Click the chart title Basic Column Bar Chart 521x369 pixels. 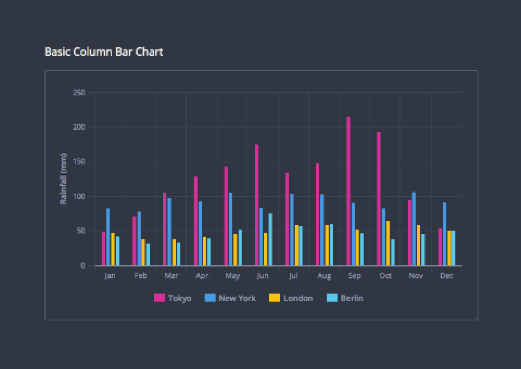coord(104,52)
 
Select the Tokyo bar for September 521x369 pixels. coord(348,191)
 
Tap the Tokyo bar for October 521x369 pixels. coord(379,199)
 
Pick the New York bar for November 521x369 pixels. coord(414,228)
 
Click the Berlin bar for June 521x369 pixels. coord(270,239)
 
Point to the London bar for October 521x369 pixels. coord(388,243)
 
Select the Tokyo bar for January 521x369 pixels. coord(104,249)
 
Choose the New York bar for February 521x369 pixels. coord(139,238)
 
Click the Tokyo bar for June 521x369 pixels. coord(257,205)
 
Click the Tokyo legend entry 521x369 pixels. coord(173,298)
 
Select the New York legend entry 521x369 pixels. coord(231,298)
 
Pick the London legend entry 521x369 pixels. coord(291,298)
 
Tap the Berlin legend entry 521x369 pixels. coord(345,298)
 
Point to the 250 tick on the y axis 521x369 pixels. coord(79,93)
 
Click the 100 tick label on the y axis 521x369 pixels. coord(79,196)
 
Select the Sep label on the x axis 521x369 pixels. coord(354,276)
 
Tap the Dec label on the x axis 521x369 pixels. coord(447,276)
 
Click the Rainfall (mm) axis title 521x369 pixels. coord(63,179)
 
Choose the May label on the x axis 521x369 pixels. coord(232,276)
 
